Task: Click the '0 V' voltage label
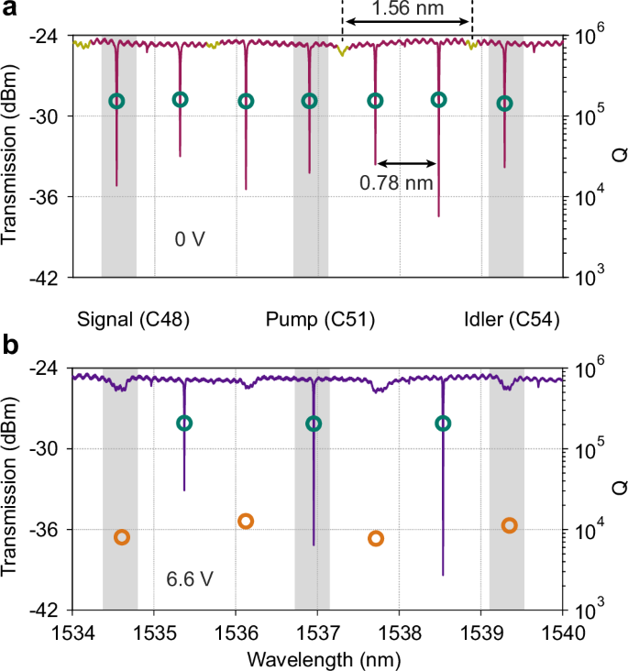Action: pyautogui.click(x=190, y=238)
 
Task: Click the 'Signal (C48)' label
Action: pyautogui.click(x=134, y=319)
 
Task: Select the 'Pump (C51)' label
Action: pyautogui.click(x=320, y=319)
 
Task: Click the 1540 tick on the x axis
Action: pyautogui.click(x=562, y=632)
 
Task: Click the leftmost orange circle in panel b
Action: pyautogui.click(x=121, y=537)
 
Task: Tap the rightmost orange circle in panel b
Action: pyautogui.click(x=509, y=525)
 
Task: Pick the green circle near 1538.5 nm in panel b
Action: pyautogui.click(x=443, y=423)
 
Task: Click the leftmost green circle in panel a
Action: pyautogui.click(x=116, y=101)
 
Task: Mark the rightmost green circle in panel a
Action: pyautogui.click(x=504, y=103)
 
